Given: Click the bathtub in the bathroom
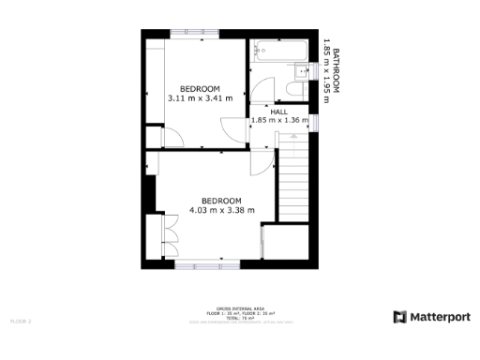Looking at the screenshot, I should click(x=275, y=50).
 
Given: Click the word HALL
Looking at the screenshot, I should click(x=279, y=112).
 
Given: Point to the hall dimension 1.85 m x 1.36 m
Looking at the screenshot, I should click(x=279, y=121).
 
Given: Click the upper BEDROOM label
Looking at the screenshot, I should click(x=199, y=88).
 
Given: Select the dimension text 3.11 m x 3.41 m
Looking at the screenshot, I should click(x=199, y=97).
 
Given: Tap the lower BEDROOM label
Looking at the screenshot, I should click(x=222, y=201).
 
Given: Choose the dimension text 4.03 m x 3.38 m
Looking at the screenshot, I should click(x=222, y=210).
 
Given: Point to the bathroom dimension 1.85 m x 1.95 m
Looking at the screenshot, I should click(x=326, y=67).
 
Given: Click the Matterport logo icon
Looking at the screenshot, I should click(x=399, y=317).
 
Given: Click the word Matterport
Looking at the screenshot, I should click(x=439, y=317).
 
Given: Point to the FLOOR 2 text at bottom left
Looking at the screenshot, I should click(x=21, y=322).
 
